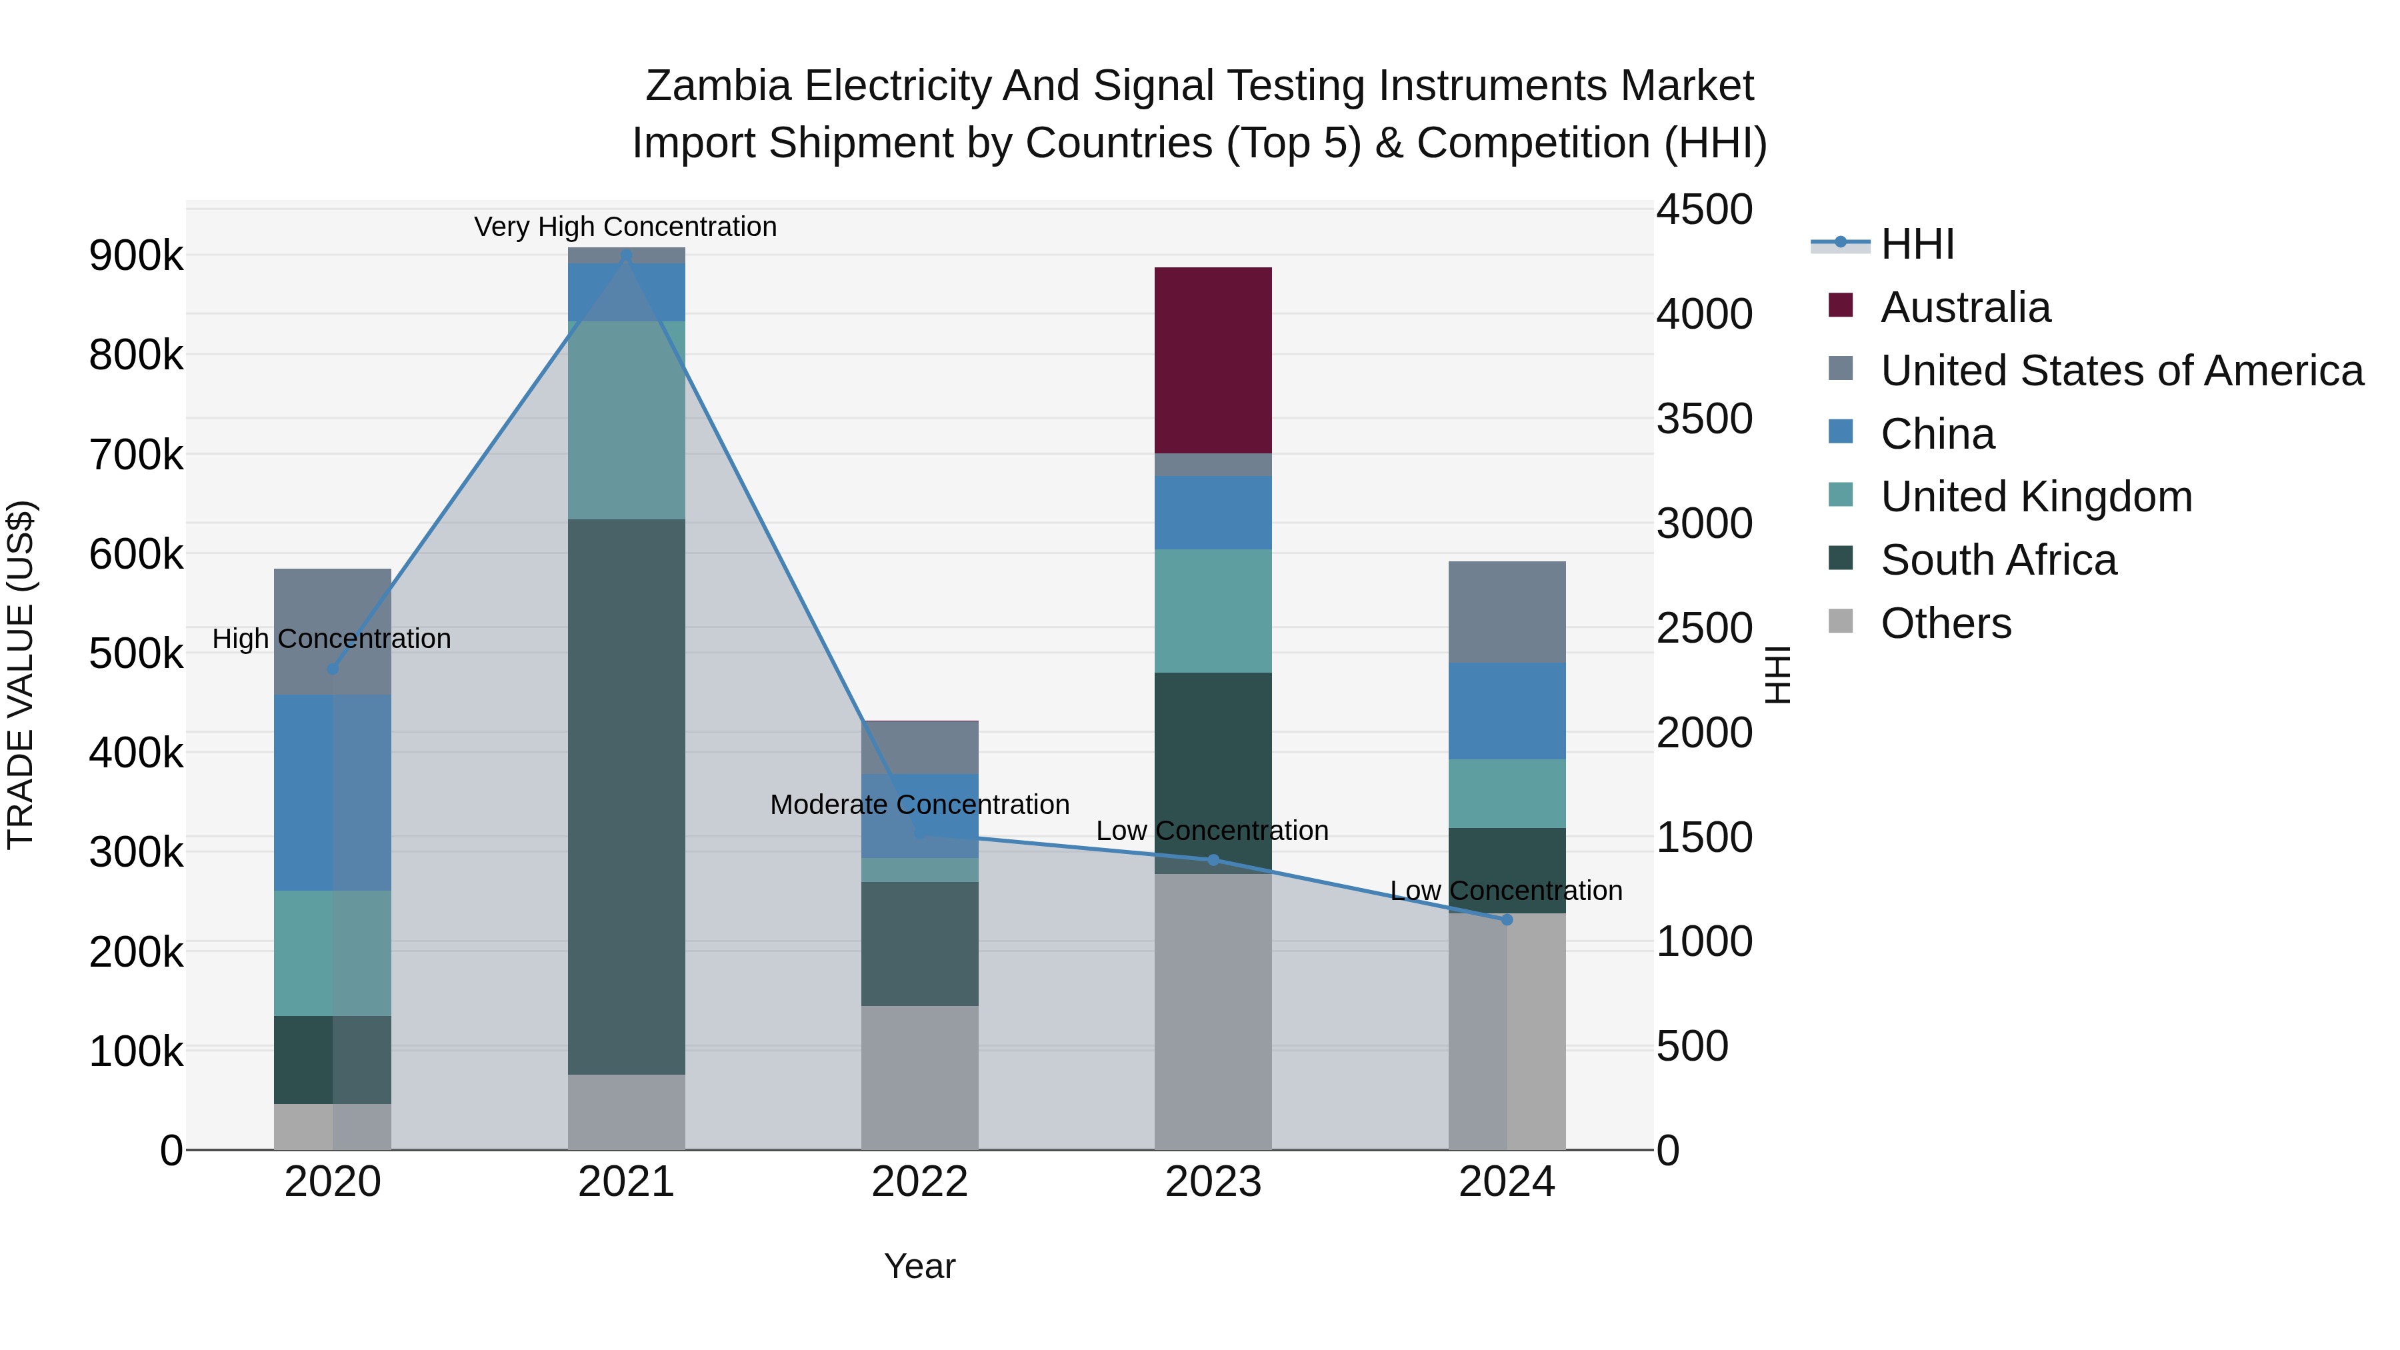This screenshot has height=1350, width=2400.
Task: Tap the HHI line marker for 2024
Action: click(x=1507, y=919)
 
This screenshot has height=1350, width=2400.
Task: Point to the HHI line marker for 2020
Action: click(x=333, y=669)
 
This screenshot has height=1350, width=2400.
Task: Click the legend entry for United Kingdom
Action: click(x=2036, y=497)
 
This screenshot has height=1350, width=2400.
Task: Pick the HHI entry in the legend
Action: click(x=1917, y=244)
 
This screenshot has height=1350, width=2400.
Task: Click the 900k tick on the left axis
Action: click(x=136, y=255)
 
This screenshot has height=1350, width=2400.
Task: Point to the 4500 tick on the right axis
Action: click(x=1704, y=209)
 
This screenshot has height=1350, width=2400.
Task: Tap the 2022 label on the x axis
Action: click(x=919, y=1182)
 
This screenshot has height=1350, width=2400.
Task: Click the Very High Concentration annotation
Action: click(x=625, y=227)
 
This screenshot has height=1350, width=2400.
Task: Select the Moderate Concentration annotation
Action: click(x=919, y=804)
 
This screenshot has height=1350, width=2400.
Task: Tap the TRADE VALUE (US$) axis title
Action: click(x=21, y=675)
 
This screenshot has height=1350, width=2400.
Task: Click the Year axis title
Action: click(x=919, y=1266)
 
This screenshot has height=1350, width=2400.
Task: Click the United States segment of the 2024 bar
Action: click(x=1507, y=611)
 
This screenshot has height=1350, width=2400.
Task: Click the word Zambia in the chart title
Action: click(x=717, y=86)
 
